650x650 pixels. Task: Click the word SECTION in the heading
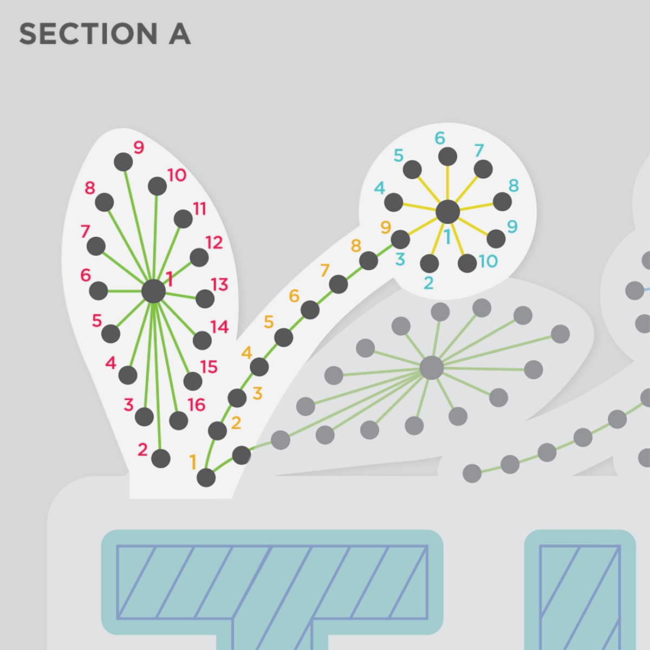(88, 34)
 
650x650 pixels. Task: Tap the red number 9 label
(139, 147)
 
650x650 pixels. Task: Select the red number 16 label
(196, 405)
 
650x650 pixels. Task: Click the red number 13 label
(219, 285)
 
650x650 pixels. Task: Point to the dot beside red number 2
(161, 458)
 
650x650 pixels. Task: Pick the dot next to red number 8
(104, 203)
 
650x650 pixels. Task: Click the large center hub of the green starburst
(153, 291)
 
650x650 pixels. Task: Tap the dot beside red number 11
(183, 219)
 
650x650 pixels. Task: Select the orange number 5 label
(269, 322)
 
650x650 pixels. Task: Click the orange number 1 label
(193, 462)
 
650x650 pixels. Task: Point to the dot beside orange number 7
(339, 284)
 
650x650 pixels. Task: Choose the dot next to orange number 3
(237, 398)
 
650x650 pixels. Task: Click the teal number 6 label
(440, 138)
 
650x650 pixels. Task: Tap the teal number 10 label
(487, 261)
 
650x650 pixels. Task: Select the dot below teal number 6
(447, 157)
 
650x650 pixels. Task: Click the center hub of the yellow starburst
(447, 211)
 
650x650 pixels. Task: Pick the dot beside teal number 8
(502, 202)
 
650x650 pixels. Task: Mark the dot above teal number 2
(430, 263)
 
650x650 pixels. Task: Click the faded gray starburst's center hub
(432, 368)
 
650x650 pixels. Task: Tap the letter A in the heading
(180, 34)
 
